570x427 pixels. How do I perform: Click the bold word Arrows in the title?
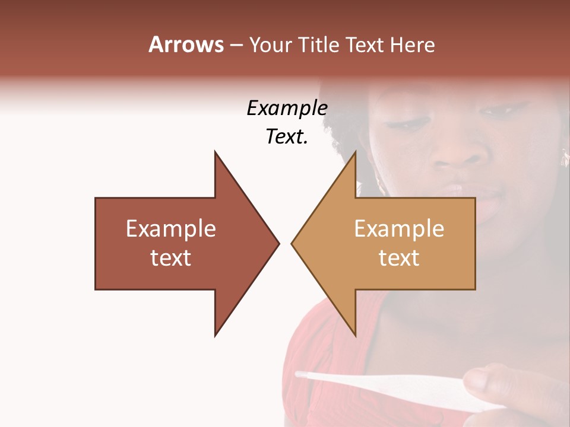(x=186, y=45)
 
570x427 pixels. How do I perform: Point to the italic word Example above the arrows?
(x=287, y=109)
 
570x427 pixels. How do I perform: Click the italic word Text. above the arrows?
(x=287, y=137)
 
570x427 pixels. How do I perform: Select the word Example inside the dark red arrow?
(x=171, y=229)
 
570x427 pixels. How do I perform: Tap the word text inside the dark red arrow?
(x=171, y=258)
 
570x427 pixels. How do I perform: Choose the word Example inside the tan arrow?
(x=399, y=229)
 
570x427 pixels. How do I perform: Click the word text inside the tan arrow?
(x=399, y=258)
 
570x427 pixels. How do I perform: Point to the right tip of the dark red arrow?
(x=278, y=243)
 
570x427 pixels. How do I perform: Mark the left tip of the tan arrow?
(x=292, y=243)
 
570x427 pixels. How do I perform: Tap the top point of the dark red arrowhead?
(x=216, y=152)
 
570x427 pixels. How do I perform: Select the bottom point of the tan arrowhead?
(x=355, y=336)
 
